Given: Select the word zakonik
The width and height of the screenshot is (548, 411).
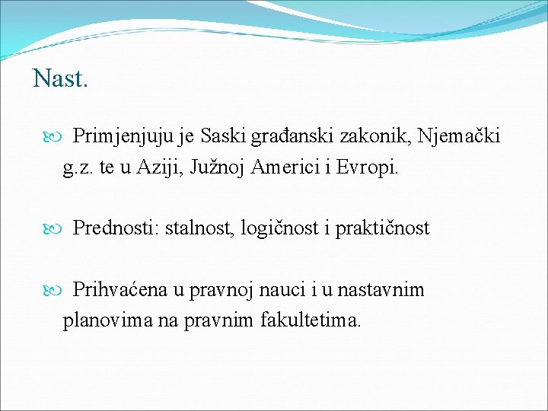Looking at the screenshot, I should tap(372, 136).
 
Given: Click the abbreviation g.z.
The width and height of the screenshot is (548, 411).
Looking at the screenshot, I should tap(79, 168).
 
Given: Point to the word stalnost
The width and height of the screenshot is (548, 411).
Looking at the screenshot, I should tap(199, 228).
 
